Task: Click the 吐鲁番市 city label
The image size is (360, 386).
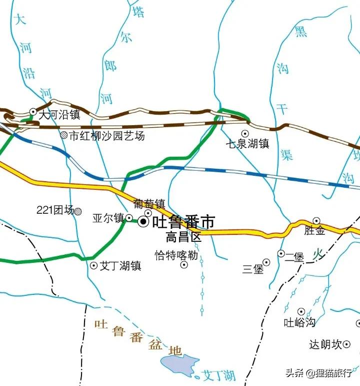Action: [x=183, y=222]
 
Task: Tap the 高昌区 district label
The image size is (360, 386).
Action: [x=183, y=237]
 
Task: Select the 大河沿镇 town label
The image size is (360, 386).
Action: [x=59, y=114]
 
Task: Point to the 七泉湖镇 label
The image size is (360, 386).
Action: [x=247, y=144]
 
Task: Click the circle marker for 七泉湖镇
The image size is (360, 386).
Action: [x=245, y=133]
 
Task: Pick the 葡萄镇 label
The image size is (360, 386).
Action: [x=149, y=204]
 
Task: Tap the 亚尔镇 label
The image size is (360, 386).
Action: [x=108, y=218]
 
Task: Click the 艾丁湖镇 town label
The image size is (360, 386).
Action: [x=120, y=266]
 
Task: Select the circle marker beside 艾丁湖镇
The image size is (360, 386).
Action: [x=93, y=266]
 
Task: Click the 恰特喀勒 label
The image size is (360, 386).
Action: [x=176, y=255]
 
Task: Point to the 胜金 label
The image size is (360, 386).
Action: [x=314, y=231]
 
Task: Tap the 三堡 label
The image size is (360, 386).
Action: [x=252, y=269]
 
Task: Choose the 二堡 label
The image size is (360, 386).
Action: [x=294, y=257]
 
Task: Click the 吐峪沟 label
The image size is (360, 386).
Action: [x=299, y=322]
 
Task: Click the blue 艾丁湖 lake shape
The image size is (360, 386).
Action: [x=180, y=365]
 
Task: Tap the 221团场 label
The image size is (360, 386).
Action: [x=55, y=210]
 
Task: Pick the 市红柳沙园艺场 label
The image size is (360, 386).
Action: [x=106, y=135]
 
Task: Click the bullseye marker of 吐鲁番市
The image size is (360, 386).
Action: [x=144, y=221]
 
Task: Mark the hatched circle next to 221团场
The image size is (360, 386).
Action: [x=78, y=211]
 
